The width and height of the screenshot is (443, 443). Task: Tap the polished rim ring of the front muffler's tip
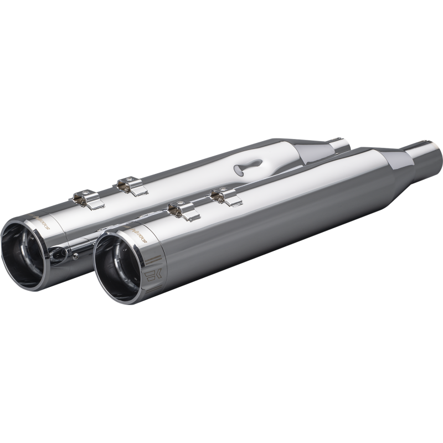tap(97, 260)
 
